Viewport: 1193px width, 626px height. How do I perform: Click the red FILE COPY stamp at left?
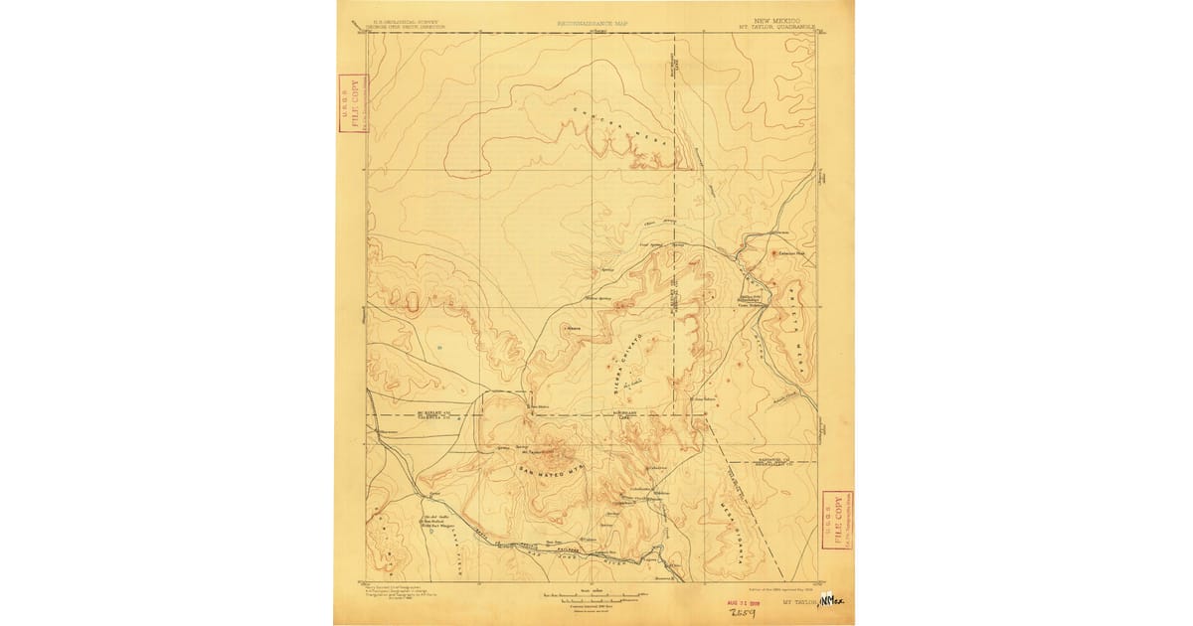[x=352, y=106]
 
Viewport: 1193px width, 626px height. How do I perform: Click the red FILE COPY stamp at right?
[x=838, y=520]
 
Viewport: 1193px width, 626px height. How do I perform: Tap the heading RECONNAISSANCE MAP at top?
[x=594, y=20]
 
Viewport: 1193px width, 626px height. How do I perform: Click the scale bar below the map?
[x=594, y=598]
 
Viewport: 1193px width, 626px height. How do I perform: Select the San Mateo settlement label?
[x=538, y=405]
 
